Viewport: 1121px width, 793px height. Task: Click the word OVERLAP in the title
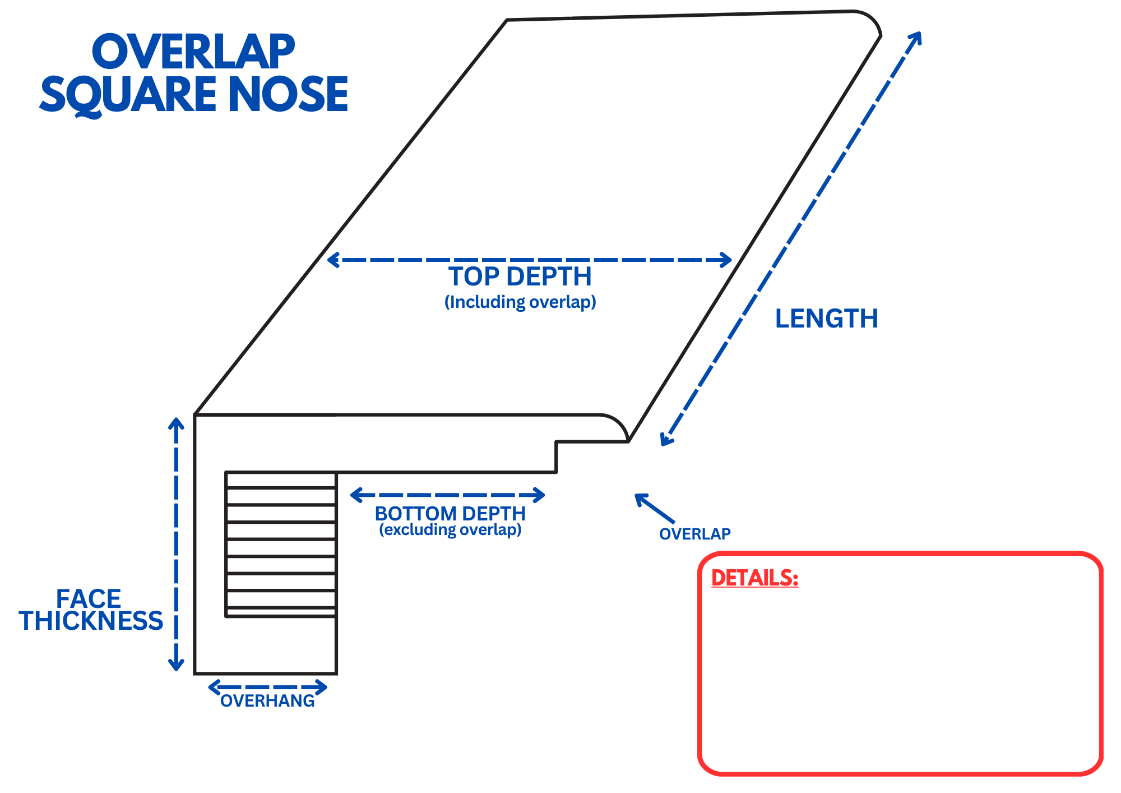click(193, 52)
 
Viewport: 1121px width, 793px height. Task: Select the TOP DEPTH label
click(520, 276)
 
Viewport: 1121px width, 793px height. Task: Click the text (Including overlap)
click(520, 302)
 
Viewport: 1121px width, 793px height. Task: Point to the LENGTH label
click(826, 319)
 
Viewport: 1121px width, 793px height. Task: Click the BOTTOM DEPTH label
click(450, 513)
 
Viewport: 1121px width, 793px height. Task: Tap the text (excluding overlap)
click(450, 529)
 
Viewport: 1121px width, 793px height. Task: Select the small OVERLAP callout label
click(694, 534)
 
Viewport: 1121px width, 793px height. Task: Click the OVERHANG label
click(267, 701)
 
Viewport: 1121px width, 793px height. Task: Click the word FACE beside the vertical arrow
click(89, 599)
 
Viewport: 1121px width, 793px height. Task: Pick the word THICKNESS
click(91, 621)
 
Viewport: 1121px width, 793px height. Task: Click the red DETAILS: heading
click(754, 578)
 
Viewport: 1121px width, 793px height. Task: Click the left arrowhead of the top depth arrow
click(332, 260)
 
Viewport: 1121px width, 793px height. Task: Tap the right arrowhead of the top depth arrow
click(726, 260)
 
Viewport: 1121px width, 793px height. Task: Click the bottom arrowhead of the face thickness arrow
click(176, 666)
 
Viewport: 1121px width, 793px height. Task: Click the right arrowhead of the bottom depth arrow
click(539, 495)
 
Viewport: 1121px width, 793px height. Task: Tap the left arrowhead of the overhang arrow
click(214, 687)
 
